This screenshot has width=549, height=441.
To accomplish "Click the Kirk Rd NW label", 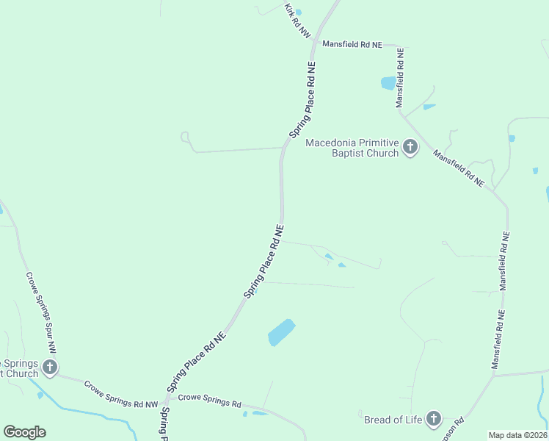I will pos(297,21).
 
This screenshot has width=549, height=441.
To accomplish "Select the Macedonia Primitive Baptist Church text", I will pos(352,148).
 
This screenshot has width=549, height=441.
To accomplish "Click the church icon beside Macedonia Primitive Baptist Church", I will pos(410,148).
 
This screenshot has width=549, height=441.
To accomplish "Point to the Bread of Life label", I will pos(393,420).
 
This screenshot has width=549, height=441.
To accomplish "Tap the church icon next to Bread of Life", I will pos(433,420).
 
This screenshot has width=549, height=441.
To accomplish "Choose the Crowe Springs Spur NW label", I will pos(41,312).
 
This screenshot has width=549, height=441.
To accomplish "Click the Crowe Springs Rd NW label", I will pos(121,395).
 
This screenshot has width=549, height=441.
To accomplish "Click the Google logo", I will pos(24,432).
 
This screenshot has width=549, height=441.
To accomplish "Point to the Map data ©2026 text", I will pos(517,435).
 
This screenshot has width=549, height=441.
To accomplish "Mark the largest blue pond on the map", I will pos(281,332).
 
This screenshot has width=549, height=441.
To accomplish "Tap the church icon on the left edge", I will pos(49,367).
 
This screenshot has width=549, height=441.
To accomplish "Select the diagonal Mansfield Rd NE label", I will pos(459,168).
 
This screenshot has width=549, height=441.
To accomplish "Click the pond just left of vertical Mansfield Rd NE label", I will pos(388,83).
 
